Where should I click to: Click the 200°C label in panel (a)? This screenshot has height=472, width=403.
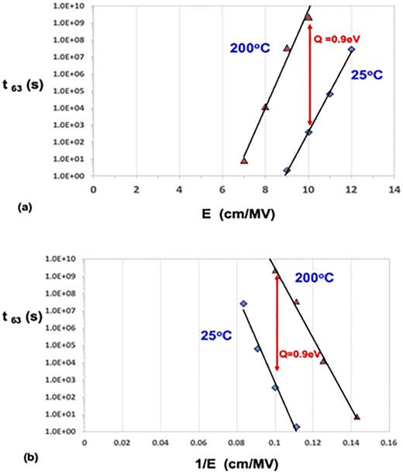(250, 48)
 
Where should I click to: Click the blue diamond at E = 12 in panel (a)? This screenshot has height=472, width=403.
(351, 50)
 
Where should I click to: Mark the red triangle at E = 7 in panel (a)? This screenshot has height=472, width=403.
(244, 161)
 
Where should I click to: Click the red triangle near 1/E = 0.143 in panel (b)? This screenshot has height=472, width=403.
(357, 417)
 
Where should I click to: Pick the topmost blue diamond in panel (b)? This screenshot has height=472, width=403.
(243, 304)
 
